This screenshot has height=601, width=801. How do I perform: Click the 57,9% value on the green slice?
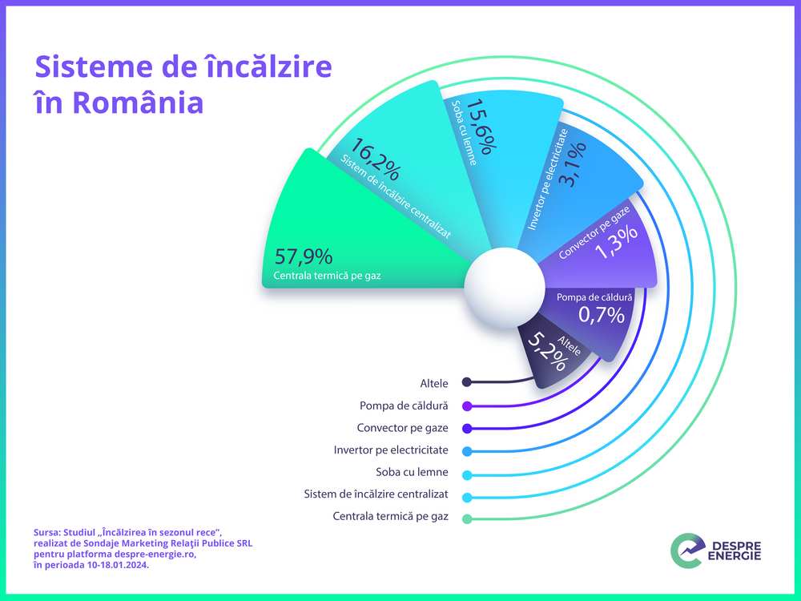click(x=304, y=256)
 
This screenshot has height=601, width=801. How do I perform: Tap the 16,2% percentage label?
click(x=374, y=159)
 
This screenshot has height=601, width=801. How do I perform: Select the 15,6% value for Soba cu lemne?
click(x=481, y=127)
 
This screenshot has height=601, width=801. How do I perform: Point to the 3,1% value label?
click(x=573, y=164)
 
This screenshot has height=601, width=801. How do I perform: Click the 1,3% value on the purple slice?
click(x=617, y=242)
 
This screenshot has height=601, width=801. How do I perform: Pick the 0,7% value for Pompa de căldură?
click(x=602, y=314)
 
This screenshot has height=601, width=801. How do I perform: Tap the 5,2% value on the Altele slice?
click(x=547, y=352)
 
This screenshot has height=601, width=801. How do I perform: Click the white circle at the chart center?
click(x=505, y=287)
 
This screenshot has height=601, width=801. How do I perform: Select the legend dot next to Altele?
click(x=466, y=382)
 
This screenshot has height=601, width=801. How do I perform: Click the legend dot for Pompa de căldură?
click(x=466, y=406)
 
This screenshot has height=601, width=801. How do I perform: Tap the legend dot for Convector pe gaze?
click(x=466, y=429)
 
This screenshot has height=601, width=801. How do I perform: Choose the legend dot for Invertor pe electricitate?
click(x=466, y=451)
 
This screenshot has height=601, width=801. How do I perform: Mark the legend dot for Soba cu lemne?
click(x=466, y=475)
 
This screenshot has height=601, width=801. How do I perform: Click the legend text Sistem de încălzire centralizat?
click(x=376, y=494)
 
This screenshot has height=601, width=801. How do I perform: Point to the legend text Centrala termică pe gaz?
click(x=390, y=516)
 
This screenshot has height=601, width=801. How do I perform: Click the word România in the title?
click(x=138, y=103)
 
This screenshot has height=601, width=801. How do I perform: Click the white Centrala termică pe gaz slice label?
click(x=327, y=276)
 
